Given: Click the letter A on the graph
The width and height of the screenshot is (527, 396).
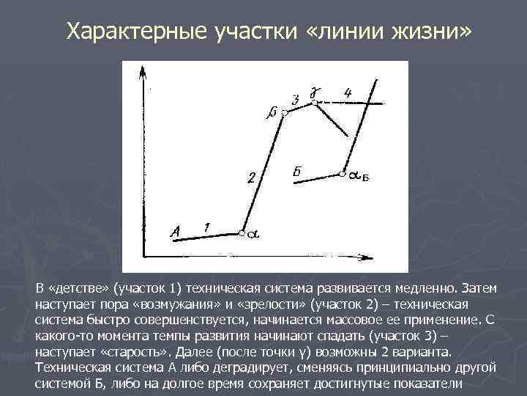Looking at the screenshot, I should click(175, 232).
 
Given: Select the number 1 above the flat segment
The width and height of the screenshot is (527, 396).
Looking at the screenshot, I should click(207, 227).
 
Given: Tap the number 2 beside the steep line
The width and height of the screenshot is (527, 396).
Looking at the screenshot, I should click(251, 178).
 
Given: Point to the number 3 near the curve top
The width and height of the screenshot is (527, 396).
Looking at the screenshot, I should click(295, 100).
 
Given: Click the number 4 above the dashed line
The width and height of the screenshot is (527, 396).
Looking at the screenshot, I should click(348, 93).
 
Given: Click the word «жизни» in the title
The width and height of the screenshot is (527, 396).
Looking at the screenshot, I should click(436, 32).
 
